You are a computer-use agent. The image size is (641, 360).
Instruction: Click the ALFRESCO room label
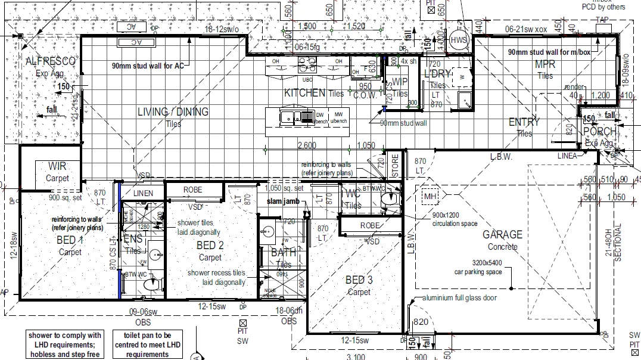[x=51, y=61]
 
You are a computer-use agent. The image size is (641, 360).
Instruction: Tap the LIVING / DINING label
[x=173, y=112]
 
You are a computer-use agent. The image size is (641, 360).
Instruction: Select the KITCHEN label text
[x=304, y=93]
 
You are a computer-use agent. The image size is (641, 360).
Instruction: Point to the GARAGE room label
[x=502, y=235]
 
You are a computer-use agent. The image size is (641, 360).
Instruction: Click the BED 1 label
[x=70, y=240]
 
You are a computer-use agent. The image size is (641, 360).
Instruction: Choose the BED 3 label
[x=359, y=280]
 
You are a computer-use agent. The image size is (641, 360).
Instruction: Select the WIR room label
[x=58, y=166]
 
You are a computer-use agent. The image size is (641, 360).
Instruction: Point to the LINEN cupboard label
[x=143, y=193]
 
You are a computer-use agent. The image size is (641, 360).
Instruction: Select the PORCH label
[x=599, y=132]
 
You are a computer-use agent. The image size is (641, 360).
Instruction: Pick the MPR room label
[x=544, y=64]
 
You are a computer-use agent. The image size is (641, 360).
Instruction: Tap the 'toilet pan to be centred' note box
[x=148, y=345]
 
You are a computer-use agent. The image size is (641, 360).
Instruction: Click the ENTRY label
[x=524, y=122]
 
